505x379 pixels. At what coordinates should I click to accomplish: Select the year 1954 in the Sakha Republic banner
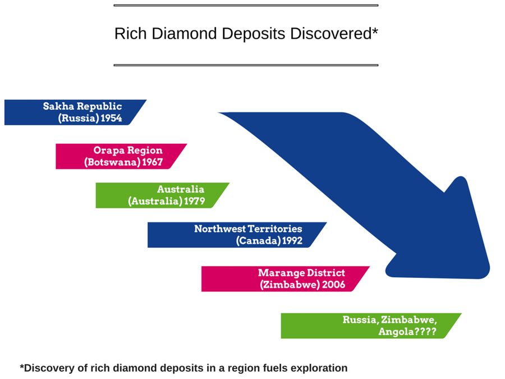(x=112, y=118)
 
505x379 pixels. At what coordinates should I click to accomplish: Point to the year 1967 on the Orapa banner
(x=152, y=162)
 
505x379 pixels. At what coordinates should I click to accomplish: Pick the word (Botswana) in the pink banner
(x=112, y=162)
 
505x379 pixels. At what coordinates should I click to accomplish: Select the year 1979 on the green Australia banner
(x=195, y=202)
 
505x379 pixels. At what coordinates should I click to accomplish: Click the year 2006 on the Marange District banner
(x=334, y=285)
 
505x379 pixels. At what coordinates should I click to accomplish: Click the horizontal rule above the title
(x=246, y=6)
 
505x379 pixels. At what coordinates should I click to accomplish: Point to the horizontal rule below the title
(x=246, y=65)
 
